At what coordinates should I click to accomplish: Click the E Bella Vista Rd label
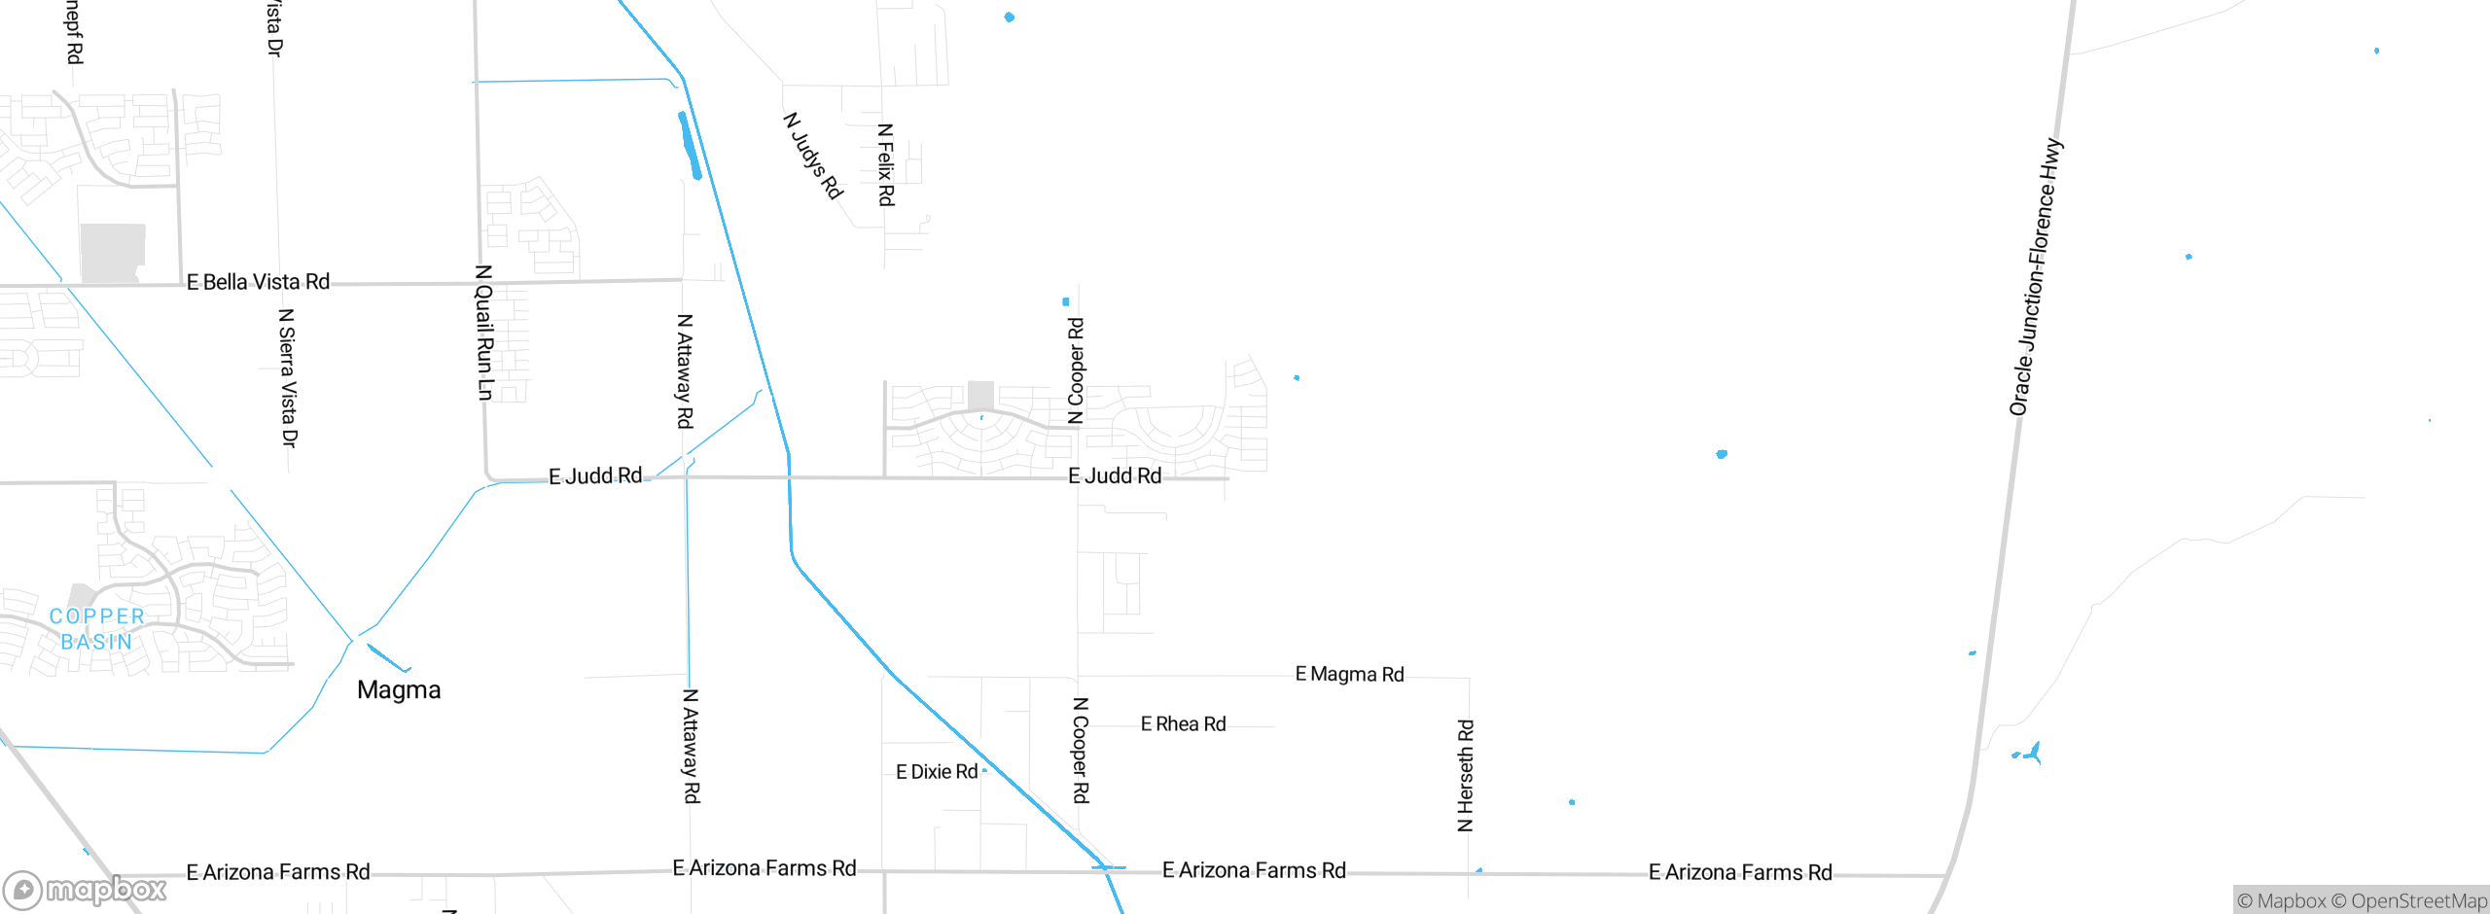tap(258, 282)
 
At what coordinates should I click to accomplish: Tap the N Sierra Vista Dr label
tap(288, 377)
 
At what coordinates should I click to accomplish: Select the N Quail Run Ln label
tap(484, 333)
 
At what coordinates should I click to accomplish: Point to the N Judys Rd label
tap(813, 156)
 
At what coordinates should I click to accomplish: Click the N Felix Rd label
tap(885, 164)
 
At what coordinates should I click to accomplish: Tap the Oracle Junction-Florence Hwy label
tap(2035, 277)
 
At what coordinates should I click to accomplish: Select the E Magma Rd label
tap(1349, 674)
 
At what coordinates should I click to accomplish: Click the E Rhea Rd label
tap(1183, 723)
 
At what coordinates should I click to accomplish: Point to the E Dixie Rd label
tap(937, 771)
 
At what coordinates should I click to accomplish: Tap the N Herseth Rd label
tap(1466, 775)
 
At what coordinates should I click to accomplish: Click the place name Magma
tap(399, 689)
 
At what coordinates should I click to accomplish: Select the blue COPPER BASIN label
tap(96, 629)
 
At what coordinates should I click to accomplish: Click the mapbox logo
tap(86, 889)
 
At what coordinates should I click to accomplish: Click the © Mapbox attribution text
tap(2281, 900)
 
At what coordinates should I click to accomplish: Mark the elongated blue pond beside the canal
tap(689, 146)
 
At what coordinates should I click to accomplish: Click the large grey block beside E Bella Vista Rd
tap(113, 253)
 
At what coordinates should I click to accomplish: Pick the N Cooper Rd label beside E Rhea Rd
tap(1081, 750)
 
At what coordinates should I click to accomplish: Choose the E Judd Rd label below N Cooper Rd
tap(1115, 475)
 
